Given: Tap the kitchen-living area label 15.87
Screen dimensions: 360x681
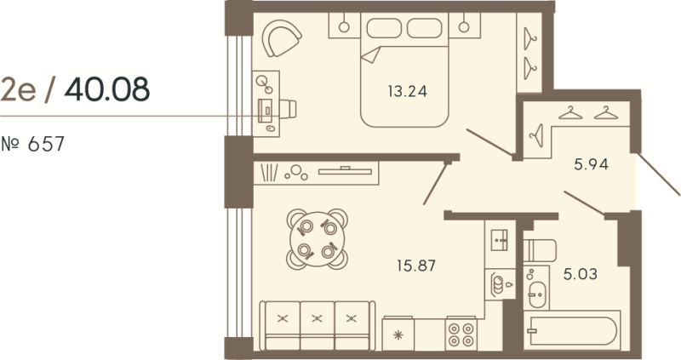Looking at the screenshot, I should [417, 265].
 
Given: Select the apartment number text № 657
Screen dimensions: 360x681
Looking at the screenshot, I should [34, 144].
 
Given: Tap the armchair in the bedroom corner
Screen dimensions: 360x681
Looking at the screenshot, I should [282, 39].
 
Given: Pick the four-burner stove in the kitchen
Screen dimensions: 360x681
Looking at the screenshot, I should [463, 332].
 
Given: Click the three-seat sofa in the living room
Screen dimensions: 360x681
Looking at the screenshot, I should [317, 323].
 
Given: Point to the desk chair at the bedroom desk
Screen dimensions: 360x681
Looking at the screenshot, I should [288, 109].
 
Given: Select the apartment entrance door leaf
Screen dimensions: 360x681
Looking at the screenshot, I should [659, 174].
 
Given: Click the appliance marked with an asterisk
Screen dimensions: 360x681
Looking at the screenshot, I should [398, 334].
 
